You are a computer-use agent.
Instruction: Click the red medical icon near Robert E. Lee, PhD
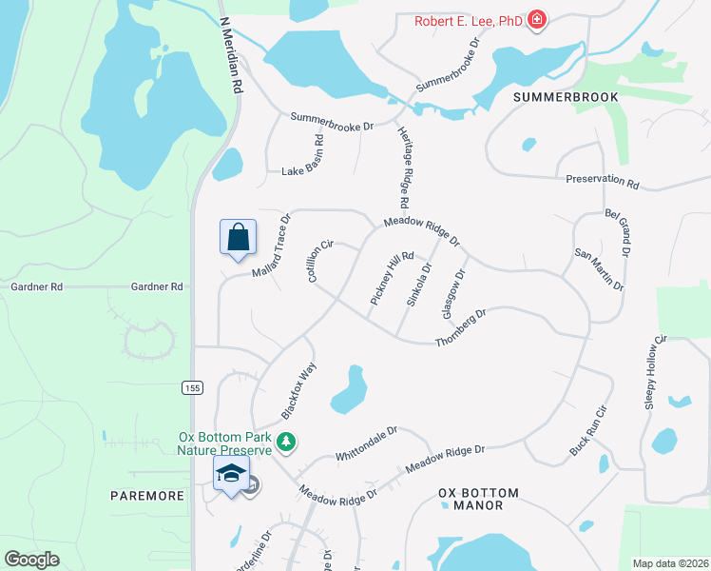click(537, 19)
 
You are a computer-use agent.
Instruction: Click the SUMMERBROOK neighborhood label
click(566, 97)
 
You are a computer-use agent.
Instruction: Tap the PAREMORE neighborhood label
click(146, 496)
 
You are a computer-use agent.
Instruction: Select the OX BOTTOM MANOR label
click(479, 499)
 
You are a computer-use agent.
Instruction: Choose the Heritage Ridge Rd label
click(402, 167)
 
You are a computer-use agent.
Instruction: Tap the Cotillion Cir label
click(320, 259)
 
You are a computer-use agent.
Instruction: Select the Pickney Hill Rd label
click(392, 278)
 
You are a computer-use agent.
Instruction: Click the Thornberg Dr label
click(461, 327)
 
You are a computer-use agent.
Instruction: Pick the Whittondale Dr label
click(366, 444)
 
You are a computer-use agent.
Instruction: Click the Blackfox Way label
click(298, 390)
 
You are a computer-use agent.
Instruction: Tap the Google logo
click(32, 560)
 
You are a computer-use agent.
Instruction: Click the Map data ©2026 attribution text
click(670, 563)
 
